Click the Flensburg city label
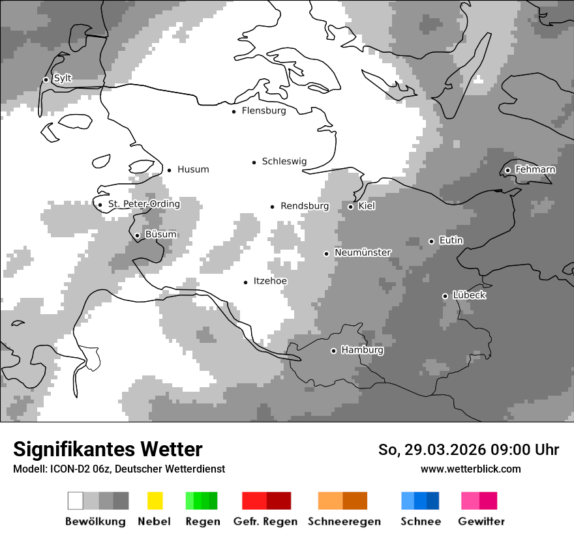tap(264, 111)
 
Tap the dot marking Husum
tap(169, 170)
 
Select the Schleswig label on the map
tap(284, 162)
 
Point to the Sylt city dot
tap(46, 80)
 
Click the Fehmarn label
tap(535, 170)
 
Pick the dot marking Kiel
tap(350, 207)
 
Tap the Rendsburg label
tap(305, 207)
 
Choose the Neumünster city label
tap(363, 253)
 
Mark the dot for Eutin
tap(431, 241)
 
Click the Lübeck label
tap(469, 295)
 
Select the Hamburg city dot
tap(333, 351)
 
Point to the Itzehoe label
tap(270, 282)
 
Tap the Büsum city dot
tap(137, 235)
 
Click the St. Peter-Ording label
tap(144, 204)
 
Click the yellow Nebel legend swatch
tap(155, 501)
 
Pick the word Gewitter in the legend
tap(481, 521)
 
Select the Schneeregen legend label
tap(344, 521)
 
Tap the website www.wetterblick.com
tap(470, 469)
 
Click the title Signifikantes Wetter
tap(108, 450)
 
